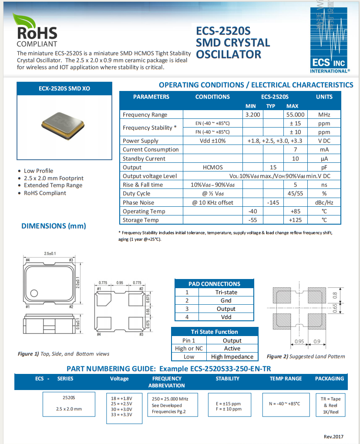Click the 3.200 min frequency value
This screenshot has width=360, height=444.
(252, 114)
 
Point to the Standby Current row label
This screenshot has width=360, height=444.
(144, 158)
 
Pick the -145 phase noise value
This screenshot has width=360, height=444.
(273, 202)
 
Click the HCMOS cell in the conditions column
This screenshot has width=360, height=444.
(212, 167)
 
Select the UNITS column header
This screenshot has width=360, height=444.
(324, 97)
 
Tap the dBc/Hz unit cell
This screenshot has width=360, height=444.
(324, 202)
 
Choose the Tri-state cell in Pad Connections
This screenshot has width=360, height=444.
(226, 292)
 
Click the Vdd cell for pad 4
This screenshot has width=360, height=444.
(226, 317)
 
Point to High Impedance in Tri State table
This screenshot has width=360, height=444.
(232, 357)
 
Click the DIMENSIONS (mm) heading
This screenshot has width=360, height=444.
(54, 225)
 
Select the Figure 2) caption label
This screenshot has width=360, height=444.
(276, 357)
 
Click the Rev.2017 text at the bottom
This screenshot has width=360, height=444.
(333, 436)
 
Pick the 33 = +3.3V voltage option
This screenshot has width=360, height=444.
(121, 414)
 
